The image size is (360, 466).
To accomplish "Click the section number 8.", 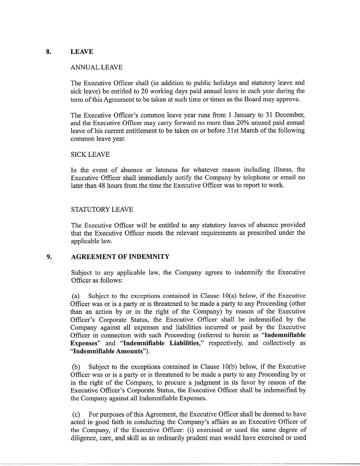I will pyautogui.click(x=49, y=52).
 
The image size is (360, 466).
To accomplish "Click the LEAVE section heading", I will pyautogui.click(x=82, y=52).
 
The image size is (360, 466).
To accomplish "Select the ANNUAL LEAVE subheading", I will pyautogui.click(x=97, y=67).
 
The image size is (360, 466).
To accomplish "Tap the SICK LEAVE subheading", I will pyautogui.click(x=90, y=155).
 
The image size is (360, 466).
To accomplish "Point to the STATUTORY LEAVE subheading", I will pyautogui.click(x=102, y=209).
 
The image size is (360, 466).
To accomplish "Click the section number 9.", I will pyautogui.click(x=49, y=256).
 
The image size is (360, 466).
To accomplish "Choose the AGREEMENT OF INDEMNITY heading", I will pyautogui.click(x=120, y=256).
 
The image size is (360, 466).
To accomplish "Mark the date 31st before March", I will pyautogui.click(x=234, y=130).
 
